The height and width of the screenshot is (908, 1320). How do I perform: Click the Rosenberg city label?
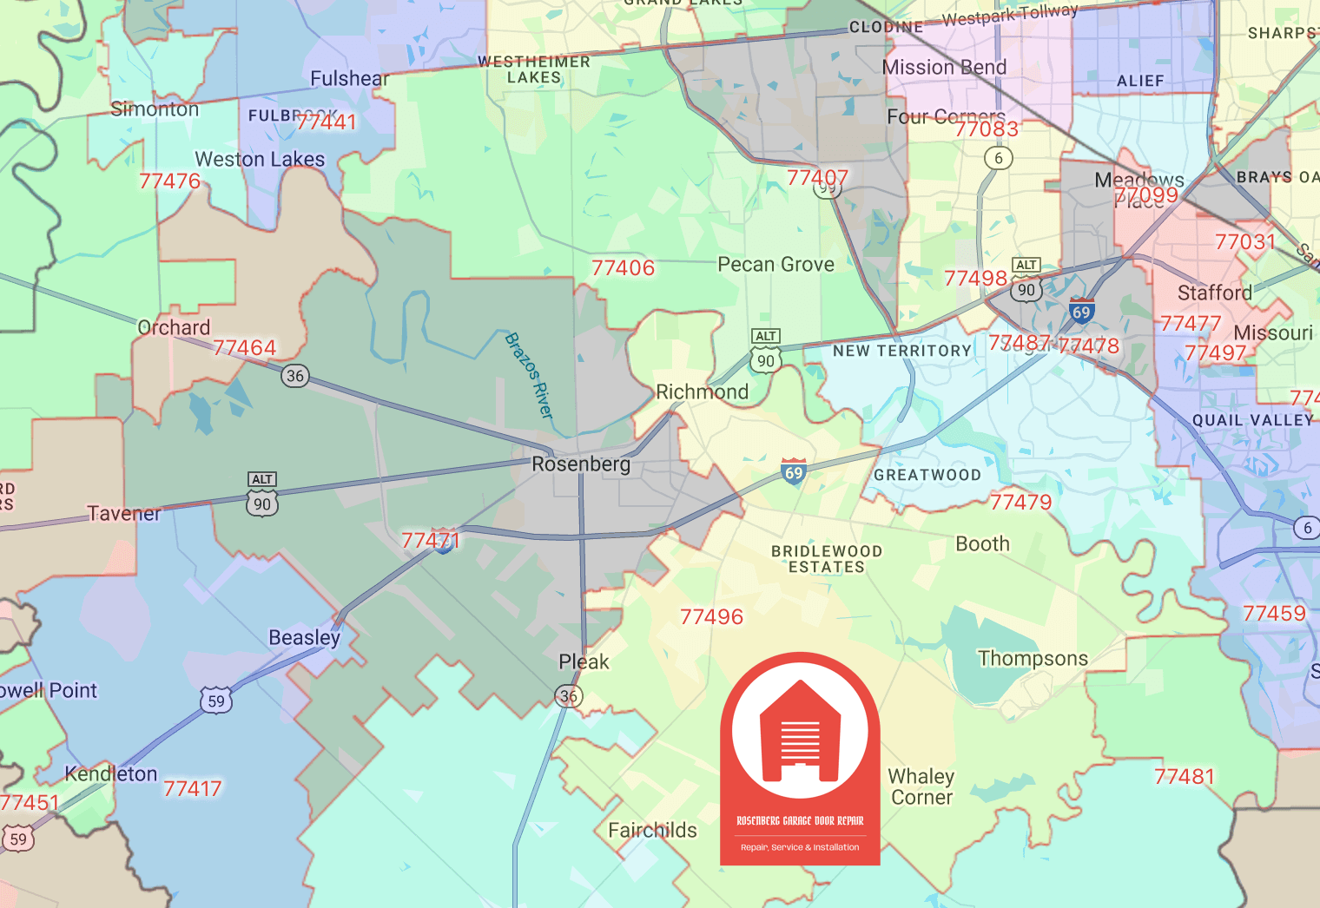coord(581,464)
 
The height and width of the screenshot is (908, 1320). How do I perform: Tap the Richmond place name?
coord(702,392)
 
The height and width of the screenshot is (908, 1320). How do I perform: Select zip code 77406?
coord(623,268)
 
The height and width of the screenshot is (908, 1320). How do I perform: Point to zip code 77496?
coord(711,617)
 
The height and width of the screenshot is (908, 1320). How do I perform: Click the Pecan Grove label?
coord(775,265)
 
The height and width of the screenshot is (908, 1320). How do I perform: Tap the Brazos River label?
coord(529,375)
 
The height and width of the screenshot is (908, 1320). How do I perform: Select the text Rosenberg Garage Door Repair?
coord(800,820)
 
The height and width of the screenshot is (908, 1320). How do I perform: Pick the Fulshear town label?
coord(350,79)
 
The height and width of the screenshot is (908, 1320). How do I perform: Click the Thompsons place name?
coord(1033,659)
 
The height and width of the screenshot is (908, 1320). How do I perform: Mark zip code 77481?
coord(1184,777)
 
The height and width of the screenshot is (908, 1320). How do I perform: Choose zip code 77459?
coord(1274,614)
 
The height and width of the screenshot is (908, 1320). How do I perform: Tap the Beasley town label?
coord(304,638)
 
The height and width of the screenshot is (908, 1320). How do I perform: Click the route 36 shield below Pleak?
coord(569,696)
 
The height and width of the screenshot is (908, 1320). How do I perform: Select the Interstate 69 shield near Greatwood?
coord(794,471)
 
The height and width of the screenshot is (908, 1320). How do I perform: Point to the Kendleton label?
coord(111,774)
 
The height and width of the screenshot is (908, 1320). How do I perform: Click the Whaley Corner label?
coord(921,786)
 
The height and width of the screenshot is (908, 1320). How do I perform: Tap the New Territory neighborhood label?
coord(901,351)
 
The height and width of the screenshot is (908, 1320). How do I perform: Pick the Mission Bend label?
coord(944,68)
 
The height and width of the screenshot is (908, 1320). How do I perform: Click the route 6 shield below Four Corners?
coord(999,158)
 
